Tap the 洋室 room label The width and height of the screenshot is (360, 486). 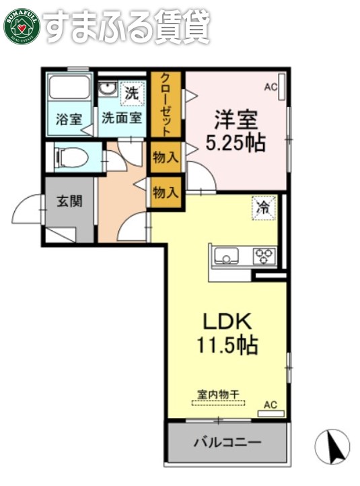coord(236,119)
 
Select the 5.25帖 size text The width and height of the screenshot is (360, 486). coord(236,143)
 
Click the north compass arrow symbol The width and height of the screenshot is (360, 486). coord(332,445)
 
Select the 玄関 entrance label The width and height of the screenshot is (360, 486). coord(69,201)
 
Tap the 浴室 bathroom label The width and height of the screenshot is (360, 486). coord(69,120)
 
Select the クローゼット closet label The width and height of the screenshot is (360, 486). coord(166,105)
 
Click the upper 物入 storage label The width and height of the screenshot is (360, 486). coord(166,158)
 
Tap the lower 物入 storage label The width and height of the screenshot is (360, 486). coord(166,193)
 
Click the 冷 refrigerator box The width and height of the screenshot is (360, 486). coord(263,207)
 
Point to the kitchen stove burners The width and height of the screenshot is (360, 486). coord(264,256)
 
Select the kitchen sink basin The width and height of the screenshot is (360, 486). coord(225,256)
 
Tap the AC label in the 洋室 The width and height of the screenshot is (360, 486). coord(271,87)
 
